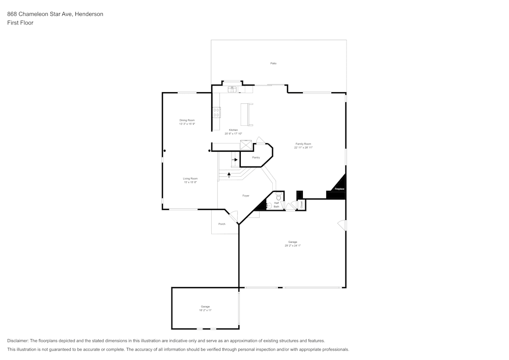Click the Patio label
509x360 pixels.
pyautogui.click(x=273, y=63)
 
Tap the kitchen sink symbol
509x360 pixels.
pyautogui.click(x=232, y=89)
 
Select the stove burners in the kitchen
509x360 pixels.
pyautogui.click(x=216, y=112)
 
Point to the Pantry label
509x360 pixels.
pyautogui.click(x=256, y=157)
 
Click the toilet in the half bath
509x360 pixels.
pyautogui.click(x=278, y=196)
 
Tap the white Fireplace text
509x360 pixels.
pyautogui.click(x=339, y=189)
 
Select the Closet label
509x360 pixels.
pyautogui.click(x=301, y=205)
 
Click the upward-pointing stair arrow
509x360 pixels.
pyautogui.click(x=229, y=175)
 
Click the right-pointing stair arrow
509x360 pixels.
pyautogui.click(x=235, y=160)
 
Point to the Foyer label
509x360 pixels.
pyautogui.click(x=245, y=196)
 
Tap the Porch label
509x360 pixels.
pyautogui.click(x=221, y=224)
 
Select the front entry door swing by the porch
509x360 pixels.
pyautogui.click(x=233, y=216)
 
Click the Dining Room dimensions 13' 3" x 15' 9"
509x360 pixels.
pyautogui.click(x=187, y=124)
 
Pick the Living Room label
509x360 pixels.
pyautogui.click(x=190, y=179)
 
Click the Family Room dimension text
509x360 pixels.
pyautogui.click(x=303, y=147)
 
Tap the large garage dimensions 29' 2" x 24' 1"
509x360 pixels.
pyautogui.click(x=292, y=245)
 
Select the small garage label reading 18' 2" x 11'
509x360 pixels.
pyautogui.click(x=205, y=310)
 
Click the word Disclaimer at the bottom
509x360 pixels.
pyautogui.click(x=18, y=341)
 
